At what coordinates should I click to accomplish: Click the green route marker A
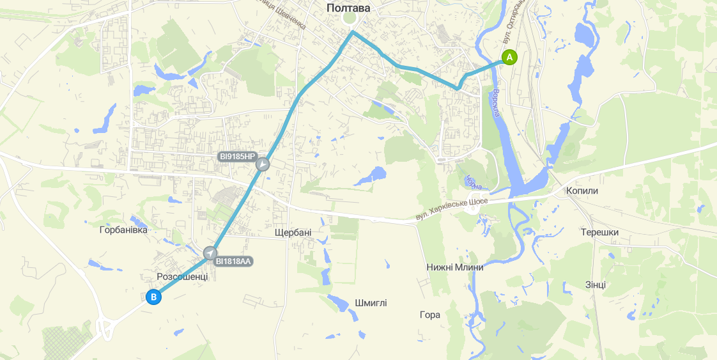point(509,57)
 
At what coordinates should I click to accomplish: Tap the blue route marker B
point(153,297)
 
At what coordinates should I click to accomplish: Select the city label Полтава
point(348,8)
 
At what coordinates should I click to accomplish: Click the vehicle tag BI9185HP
point(236,157)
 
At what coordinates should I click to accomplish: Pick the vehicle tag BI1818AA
point(234,261)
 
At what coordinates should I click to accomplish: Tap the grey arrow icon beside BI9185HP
point(263,165)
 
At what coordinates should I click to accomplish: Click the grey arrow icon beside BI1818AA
point(210,253)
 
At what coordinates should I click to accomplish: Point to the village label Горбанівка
point(123,230)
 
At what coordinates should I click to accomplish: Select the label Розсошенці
point(182,276)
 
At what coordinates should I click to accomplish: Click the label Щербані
point(293,232)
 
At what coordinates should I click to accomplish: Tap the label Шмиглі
point(371,303)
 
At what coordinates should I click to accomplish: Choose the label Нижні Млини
point(454,267)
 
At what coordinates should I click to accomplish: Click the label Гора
point(430,315)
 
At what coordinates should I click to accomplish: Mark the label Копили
point(582,191)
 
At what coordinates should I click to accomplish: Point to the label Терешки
point(599,232)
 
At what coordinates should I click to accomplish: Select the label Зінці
point(595,285)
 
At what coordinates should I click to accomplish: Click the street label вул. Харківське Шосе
point(451,210)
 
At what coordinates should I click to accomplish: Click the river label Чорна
point(474,182)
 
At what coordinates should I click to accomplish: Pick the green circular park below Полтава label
point(349,19)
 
